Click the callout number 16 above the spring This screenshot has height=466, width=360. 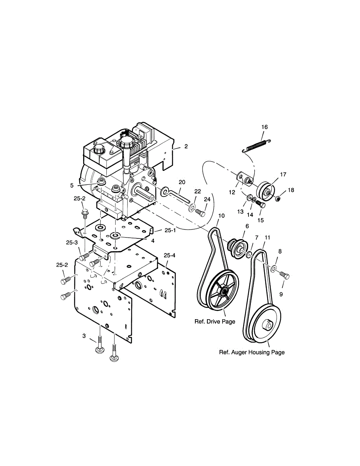(264, 127)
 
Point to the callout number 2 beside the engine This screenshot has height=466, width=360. (186, 146)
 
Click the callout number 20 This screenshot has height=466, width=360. (182, 182)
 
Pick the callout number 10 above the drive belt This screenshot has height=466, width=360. (221, 216)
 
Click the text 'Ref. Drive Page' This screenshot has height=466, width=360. (215, 322)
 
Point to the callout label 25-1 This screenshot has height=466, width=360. (170, 230)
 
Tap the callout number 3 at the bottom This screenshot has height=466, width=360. (84, 336)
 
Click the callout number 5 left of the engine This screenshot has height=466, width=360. (72, 186)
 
